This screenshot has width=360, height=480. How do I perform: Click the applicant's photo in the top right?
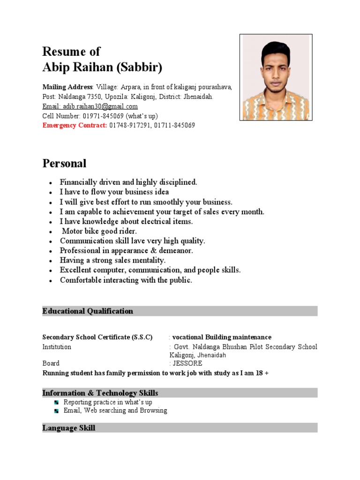tap(276, 77)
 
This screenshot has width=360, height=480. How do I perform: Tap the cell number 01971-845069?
tap(106, 116)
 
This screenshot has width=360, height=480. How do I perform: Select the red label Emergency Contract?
tap(75, 126)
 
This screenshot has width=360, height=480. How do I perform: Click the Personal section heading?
tap(64, 164)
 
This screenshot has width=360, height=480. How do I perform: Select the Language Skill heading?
tap(68, 427)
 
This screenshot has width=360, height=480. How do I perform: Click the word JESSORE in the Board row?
tap(187, 363)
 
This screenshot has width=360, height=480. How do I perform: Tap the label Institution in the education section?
tap(57, 347)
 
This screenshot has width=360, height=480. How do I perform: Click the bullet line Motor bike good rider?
tap(99, 231)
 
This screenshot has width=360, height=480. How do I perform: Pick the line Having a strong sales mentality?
tap(112, 260)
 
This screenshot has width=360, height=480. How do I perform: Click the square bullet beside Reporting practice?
tap(56, 403)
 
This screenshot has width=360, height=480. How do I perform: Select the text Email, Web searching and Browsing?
tap(115, 411)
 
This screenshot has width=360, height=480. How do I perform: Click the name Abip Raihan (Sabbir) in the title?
tap(102, 67)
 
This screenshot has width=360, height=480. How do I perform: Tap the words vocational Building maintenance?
tap(222, 337)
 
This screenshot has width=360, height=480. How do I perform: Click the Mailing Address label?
tap(67, 87)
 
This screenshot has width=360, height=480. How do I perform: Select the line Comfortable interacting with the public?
tap(126, 280)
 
